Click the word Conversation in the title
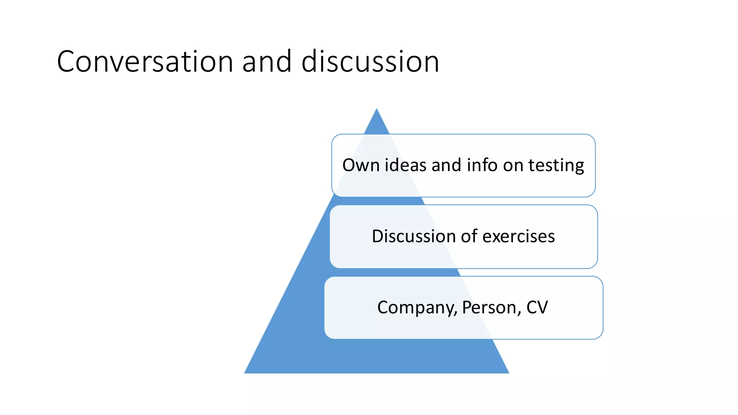tap(145, 62)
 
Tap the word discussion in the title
tap(370, 62)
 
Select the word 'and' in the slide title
tap(267, 62)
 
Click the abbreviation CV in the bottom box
tap(537, 308)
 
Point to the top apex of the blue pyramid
tap(377, 109)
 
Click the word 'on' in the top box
tap(513, 166)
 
